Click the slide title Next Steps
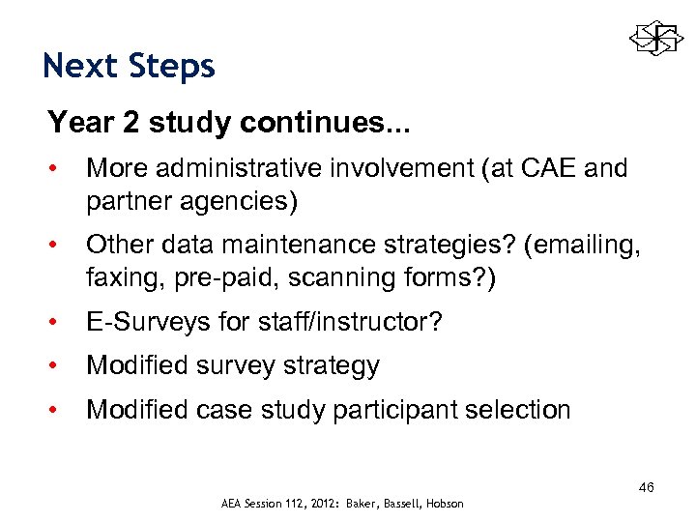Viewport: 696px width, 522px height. point(130,66)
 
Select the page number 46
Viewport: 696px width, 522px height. point(646,487)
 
